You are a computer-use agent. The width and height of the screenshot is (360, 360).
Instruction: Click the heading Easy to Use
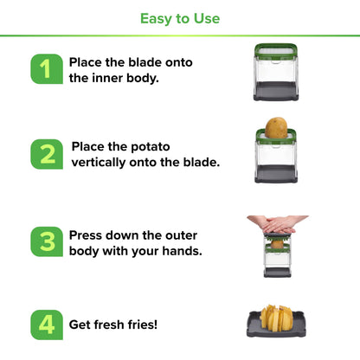click(180, 18)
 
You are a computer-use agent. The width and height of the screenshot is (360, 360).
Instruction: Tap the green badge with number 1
click(47, 69)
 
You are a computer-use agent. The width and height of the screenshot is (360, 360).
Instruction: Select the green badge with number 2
click(47, 154)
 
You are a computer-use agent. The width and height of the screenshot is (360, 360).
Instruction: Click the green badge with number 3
click(47, 242)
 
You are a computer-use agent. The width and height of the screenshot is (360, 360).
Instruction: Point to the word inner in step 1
click(111, 78)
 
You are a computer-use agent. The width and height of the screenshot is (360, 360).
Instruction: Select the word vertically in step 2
click(104, 163)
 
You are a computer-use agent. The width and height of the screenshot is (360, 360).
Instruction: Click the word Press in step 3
click(87, 235)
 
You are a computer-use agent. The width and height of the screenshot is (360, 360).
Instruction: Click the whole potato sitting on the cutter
click(277, 128)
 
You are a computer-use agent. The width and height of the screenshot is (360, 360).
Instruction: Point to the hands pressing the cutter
click(277, 225)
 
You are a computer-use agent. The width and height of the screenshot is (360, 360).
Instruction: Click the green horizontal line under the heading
click(180, 36)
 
